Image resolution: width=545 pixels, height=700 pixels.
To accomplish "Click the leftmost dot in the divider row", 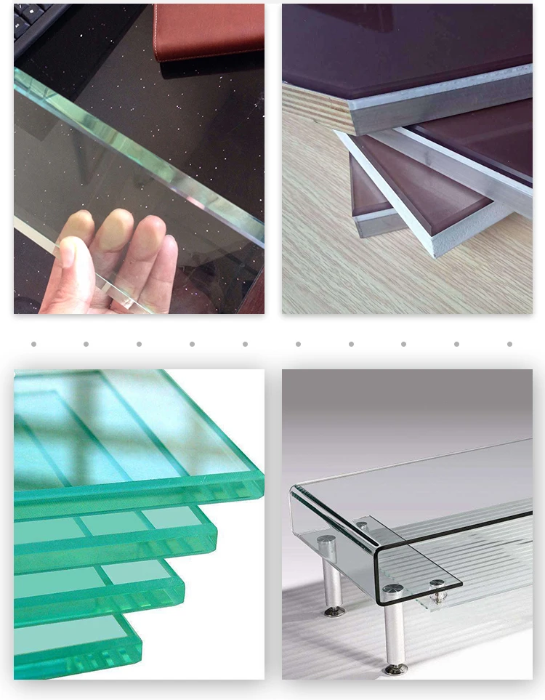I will [33, 344].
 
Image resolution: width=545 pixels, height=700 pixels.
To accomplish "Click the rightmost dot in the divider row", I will [509, 344].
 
